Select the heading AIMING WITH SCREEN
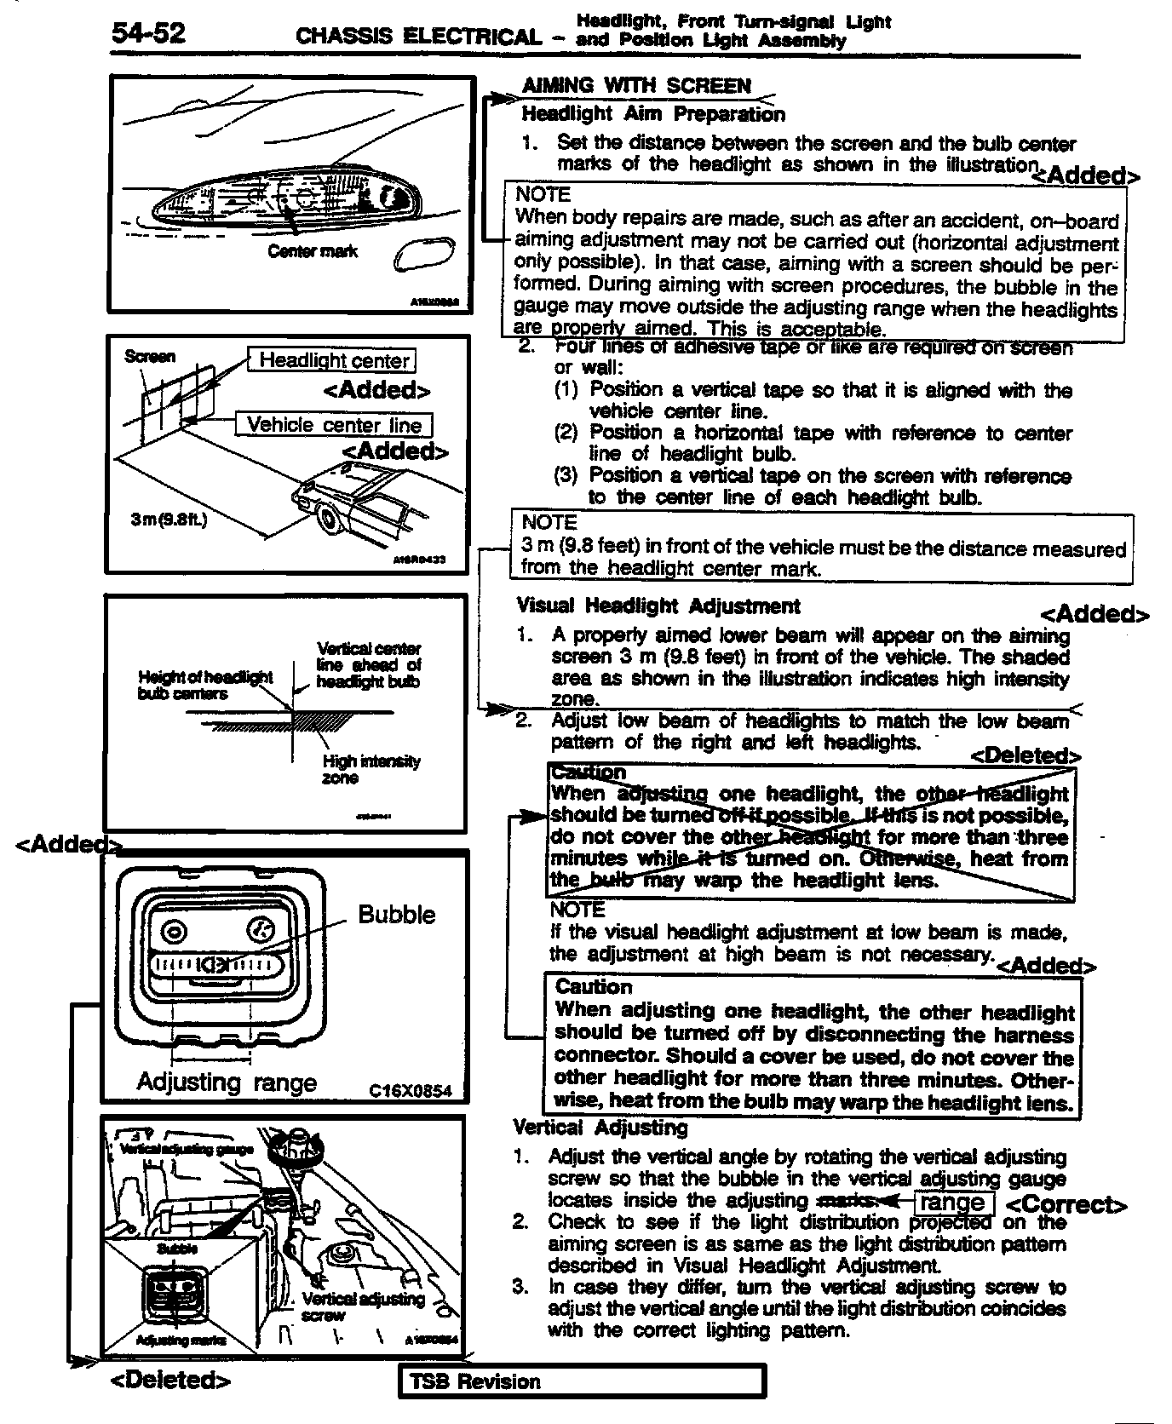pyautogui.click(x=635, y=85)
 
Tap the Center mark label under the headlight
pyautogui.click(x=313, y=251)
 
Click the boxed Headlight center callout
pyautogui.click(x=333, y=360)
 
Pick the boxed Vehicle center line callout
pyautogui.click(x=334, y=425)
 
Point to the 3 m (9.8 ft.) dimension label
pyautogui.click(x=169, y=520)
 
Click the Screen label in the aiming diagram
pyautogui.click(x=150, y=356)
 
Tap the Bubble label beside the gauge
pyautogui.click(x=396, y=915)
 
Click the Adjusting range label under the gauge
pyautogui.click(x=227, y=1082)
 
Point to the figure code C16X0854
pyautogui.click(x=410, y=1091)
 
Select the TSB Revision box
pyautogui.click(x=582, y=1381)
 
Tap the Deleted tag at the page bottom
pyautogui.click(x=170, y=1380)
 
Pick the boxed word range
pyautogui.click(x=952, y=1203)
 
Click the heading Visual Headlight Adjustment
pyautogui.click(x=658, y=606)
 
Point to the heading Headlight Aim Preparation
pyautogui.click(x=652, y=114)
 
